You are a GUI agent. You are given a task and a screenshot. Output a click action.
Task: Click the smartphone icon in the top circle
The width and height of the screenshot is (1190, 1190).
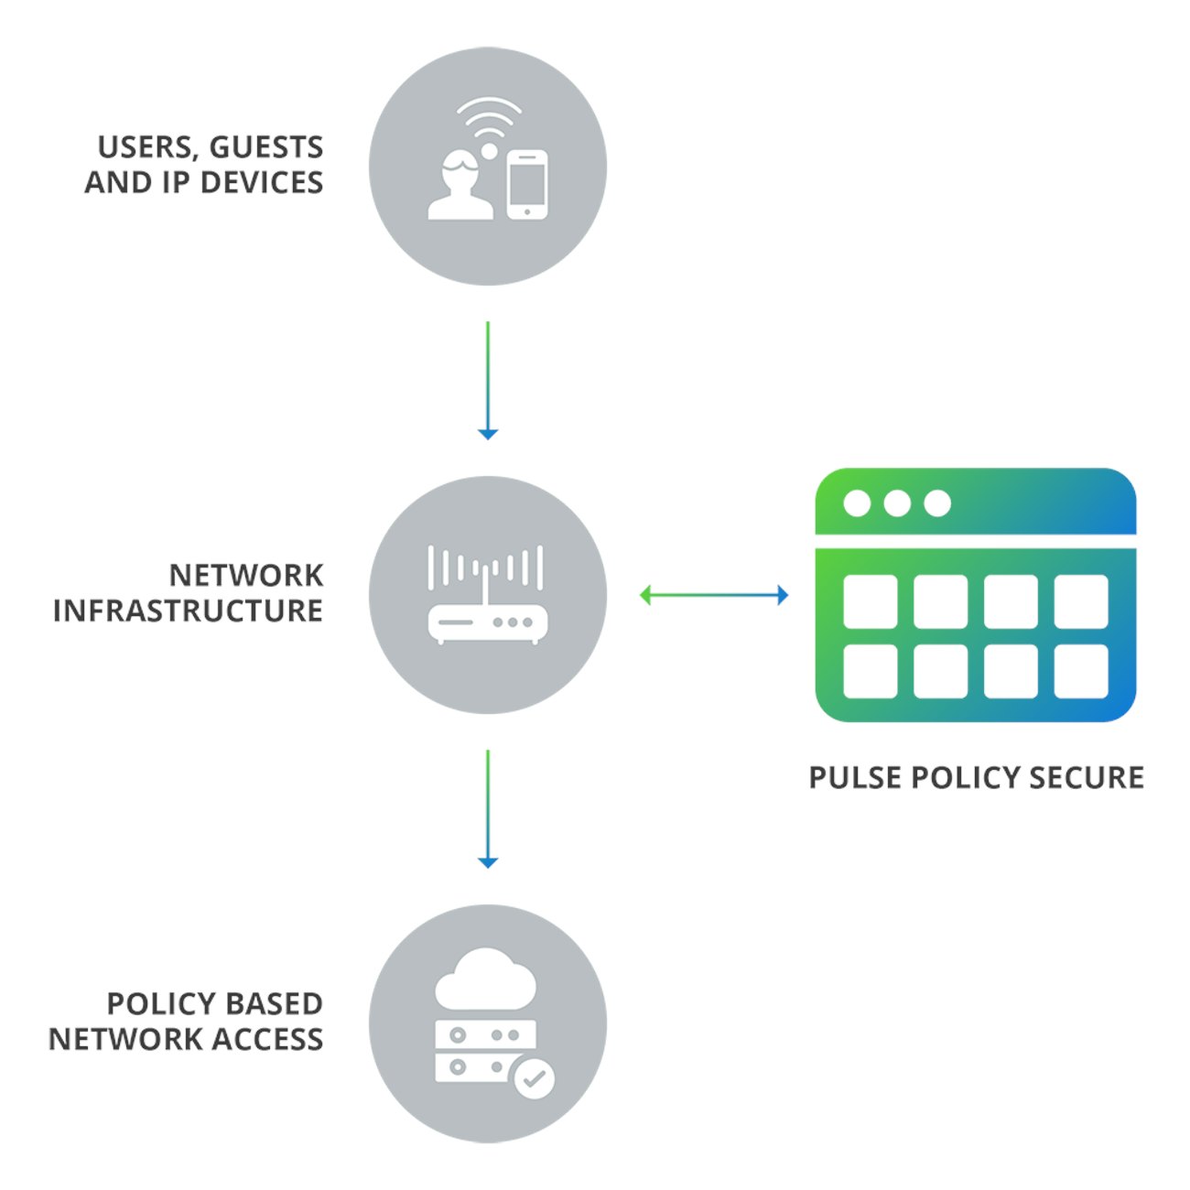(x=527, y=185)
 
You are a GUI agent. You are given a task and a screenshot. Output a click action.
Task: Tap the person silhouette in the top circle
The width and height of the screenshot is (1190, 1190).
(x=460, y=189)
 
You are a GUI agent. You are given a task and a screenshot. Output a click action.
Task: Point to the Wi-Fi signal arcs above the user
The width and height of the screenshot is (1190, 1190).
(x=489, y=117)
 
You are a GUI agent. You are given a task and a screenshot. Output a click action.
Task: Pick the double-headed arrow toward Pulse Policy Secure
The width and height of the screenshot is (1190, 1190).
(x=714, y=596)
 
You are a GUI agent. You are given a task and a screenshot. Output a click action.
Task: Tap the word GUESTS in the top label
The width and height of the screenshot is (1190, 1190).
(x=266, y=147)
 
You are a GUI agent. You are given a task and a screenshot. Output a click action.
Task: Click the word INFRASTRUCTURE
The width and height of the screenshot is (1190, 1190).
(x=188, y=611)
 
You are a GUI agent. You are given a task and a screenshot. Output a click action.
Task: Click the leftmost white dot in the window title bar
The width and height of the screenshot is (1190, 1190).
(x=857, y=503)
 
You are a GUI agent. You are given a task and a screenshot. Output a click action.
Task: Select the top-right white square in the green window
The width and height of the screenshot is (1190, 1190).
(x=1081, y=601)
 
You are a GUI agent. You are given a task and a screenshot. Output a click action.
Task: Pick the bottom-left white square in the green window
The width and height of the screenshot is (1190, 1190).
(x=870, y=671)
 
